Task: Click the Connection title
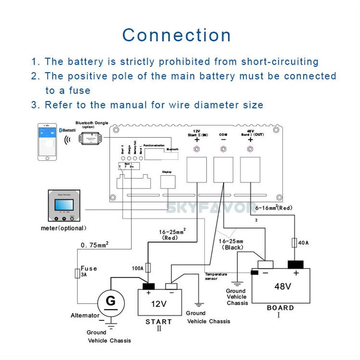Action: [176, 35]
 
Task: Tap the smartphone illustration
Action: [48, 141]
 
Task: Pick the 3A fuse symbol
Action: [77, 274]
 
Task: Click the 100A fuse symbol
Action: [148, 267]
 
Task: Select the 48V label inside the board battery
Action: [283, 287]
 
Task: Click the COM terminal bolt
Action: [223, 149]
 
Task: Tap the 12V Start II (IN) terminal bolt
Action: [197, 149]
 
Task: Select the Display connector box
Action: [167, 181]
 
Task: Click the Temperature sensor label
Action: [216, 276]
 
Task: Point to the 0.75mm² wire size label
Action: [95, 246]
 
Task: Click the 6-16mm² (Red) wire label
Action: [274, 208]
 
